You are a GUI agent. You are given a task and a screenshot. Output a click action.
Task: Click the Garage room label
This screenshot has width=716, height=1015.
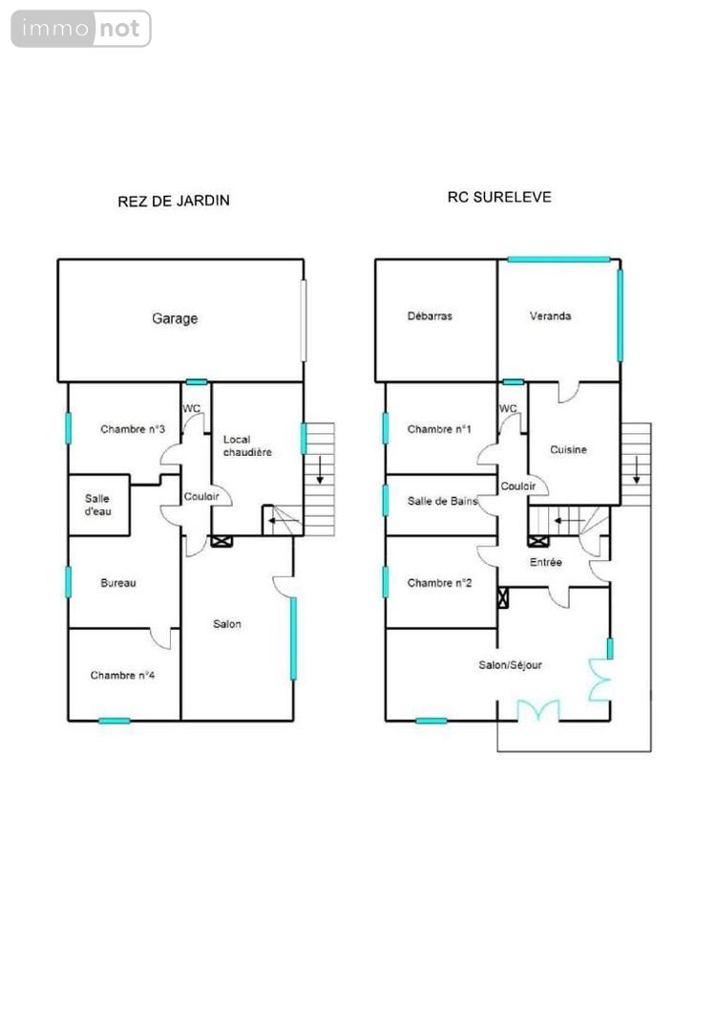[175, 318]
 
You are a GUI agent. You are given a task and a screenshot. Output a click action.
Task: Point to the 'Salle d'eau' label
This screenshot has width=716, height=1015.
[97, 506]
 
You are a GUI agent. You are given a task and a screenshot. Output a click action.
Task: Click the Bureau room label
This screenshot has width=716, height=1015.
[118, 583]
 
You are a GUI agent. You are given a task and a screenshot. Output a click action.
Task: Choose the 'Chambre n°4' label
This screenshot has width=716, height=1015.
[123, 676]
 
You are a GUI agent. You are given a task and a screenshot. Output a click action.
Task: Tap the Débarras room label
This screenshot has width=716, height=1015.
[430, 316]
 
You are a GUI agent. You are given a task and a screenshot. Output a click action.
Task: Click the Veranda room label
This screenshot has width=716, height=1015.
[551, 316]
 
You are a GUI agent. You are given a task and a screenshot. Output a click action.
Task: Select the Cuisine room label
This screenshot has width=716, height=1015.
[568, 449]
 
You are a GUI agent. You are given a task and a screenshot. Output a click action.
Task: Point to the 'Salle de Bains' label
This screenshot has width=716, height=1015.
[442, 501]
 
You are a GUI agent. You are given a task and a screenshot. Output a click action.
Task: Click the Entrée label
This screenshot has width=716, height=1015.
[547, 562]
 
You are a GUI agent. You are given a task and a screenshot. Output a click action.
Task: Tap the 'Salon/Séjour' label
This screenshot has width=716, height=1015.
[511, 665]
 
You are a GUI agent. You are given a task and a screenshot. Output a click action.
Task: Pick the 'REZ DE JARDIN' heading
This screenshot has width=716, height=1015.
[174, 201]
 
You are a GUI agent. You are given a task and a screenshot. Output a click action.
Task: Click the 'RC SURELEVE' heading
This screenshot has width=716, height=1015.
[499, 198]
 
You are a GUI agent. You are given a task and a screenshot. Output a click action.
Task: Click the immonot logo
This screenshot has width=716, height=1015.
[81, 29]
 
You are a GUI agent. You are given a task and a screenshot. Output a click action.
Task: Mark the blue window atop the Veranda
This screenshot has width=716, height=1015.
[558, 259]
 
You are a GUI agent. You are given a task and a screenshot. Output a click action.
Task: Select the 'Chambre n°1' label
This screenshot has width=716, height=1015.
[440, 429]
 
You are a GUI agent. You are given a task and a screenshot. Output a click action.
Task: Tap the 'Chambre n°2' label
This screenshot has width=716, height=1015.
[440, 583]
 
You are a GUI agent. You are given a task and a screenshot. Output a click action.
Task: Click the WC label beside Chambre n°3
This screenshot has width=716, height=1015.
[192, 408]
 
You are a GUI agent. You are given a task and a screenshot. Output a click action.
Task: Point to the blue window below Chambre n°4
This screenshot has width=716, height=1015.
[114, 721]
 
